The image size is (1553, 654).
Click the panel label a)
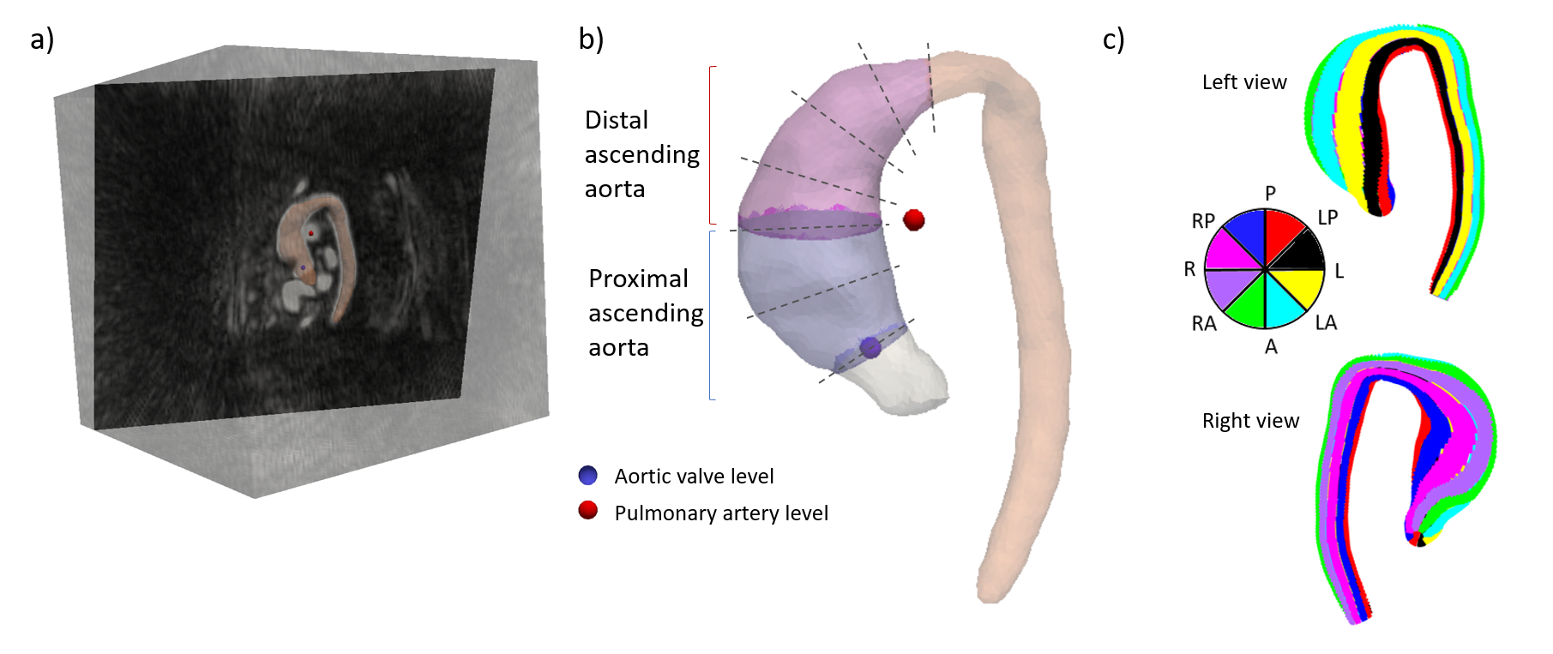point(42,40)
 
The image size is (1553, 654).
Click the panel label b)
point(591,39)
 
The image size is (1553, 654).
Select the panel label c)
point(1113,39)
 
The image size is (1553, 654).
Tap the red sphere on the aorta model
point(914,219)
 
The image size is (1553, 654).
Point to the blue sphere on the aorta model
point(871,347)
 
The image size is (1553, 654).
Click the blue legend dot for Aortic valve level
point(588,476)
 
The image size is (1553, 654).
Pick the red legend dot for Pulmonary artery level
point(588,511)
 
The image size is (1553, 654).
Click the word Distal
point(616,120)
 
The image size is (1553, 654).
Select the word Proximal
point(638,279)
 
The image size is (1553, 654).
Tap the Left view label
point(1243,82)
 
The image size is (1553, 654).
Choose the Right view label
point(1250,421)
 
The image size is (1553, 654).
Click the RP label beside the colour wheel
point(1203,221)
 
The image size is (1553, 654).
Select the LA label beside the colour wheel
point(1326,323)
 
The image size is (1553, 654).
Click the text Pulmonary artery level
point(721,513)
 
